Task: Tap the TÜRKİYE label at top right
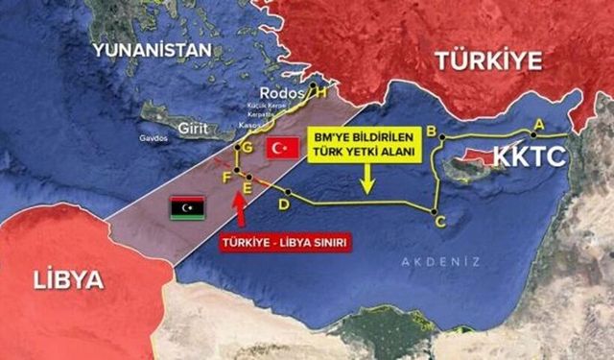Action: [489, 60]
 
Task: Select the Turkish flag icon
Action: [280, 149]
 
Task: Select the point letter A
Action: [538, 123]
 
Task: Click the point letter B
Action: [433, 130]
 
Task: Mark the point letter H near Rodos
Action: [320, 92]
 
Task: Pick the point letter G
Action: [248, 149]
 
